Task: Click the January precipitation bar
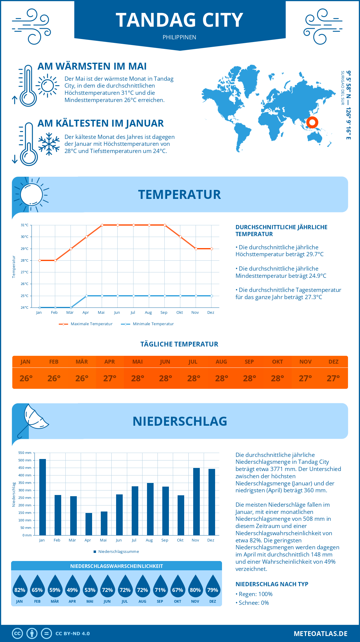click(x=43, y=497)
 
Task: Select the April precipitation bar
click(x=89, y=524)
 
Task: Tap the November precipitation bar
click(x=196, y=502)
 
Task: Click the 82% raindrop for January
click(x=20, y=588)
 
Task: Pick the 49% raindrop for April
click(x=72, y=588)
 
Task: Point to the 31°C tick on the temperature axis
click(x=25, y=225)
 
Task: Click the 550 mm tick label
click(x=25, y=453)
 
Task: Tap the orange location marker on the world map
click(x=312, y=122)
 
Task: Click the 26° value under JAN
click(x=26, y=378)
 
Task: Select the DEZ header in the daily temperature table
click(x=333, y=362)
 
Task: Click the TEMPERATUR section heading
click(x=179, y=195)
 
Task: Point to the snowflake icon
click(x=49, y=144)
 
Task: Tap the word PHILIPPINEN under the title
click(x=179, y=37)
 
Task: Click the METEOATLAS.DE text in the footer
click(x=320, y=634)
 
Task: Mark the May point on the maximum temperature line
click(x=102, y=225)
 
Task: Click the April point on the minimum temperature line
click(x=86, y=296)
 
